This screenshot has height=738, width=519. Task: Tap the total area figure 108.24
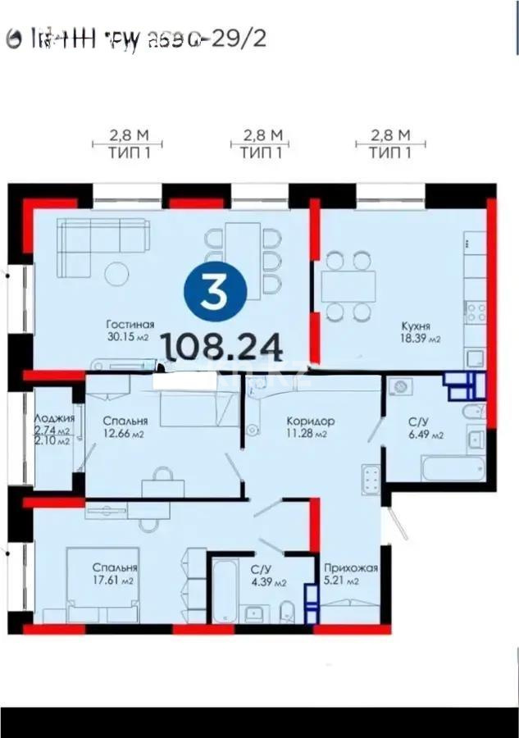pyautogui.click(x=224, y=348)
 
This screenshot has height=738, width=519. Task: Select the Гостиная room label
pyautogui.click(x=130, y=324)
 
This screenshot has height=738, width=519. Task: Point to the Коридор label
pyautogui.click(x=310, y=421)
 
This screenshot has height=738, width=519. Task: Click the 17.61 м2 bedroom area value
pyautogui.click(x=114, y=581)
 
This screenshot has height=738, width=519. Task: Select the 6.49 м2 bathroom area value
pyautogui.click(x=426, y=435)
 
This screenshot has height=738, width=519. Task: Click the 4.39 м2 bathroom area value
pyautogui.click(x=268, y=583)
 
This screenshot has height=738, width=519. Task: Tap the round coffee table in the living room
pyautogui.click(x=115, y=272)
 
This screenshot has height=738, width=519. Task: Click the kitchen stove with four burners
pyautogui.click(x=475, y=312)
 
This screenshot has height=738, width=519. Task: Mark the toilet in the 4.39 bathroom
pyautogui.click(x=288, y=610)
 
